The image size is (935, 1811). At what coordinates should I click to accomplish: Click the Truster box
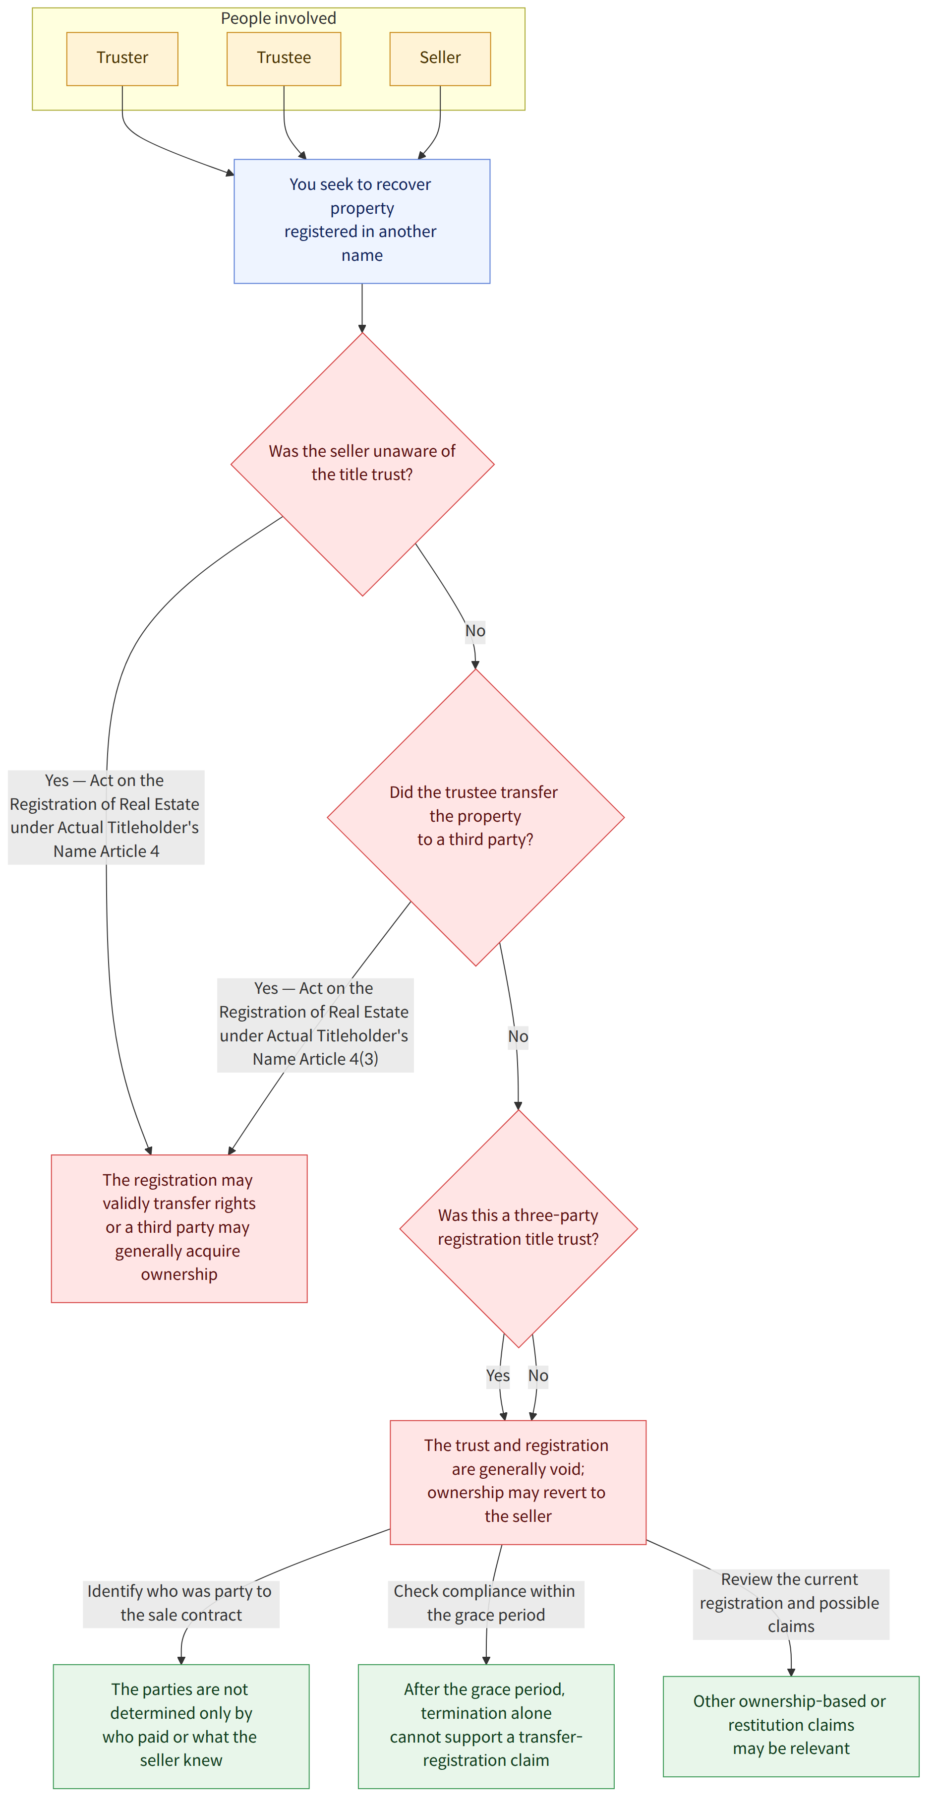[122, 59]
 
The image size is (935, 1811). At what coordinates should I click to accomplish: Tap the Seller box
[440, 59]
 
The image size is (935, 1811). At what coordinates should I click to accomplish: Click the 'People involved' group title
[279, 18]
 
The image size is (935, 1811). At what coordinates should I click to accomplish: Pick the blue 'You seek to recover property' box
[362, 222]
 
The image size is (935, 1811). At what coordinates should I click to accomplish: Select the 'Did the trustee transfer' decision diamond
[476, 817]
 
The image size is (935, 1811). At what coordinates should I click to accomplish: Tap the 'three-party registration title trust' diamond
[519, 1228]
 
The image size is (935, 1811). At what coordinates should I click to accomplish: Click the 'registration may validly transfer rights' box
[179, 1228]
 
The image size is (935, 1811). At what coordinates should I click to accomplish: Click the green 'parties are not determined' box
[181, 1726]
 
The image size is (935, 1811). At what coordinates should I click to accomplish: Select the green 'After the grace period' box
[486, 1726]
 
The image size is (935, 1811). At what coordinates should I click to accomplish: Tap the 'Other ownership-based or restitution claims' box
[792, 1726]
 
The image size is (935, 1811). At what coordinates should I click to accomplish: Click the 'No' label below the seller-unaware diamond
[475, 631]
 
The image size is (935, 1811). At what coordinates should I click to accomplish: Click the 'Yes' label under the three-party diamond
[498, 1375]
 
